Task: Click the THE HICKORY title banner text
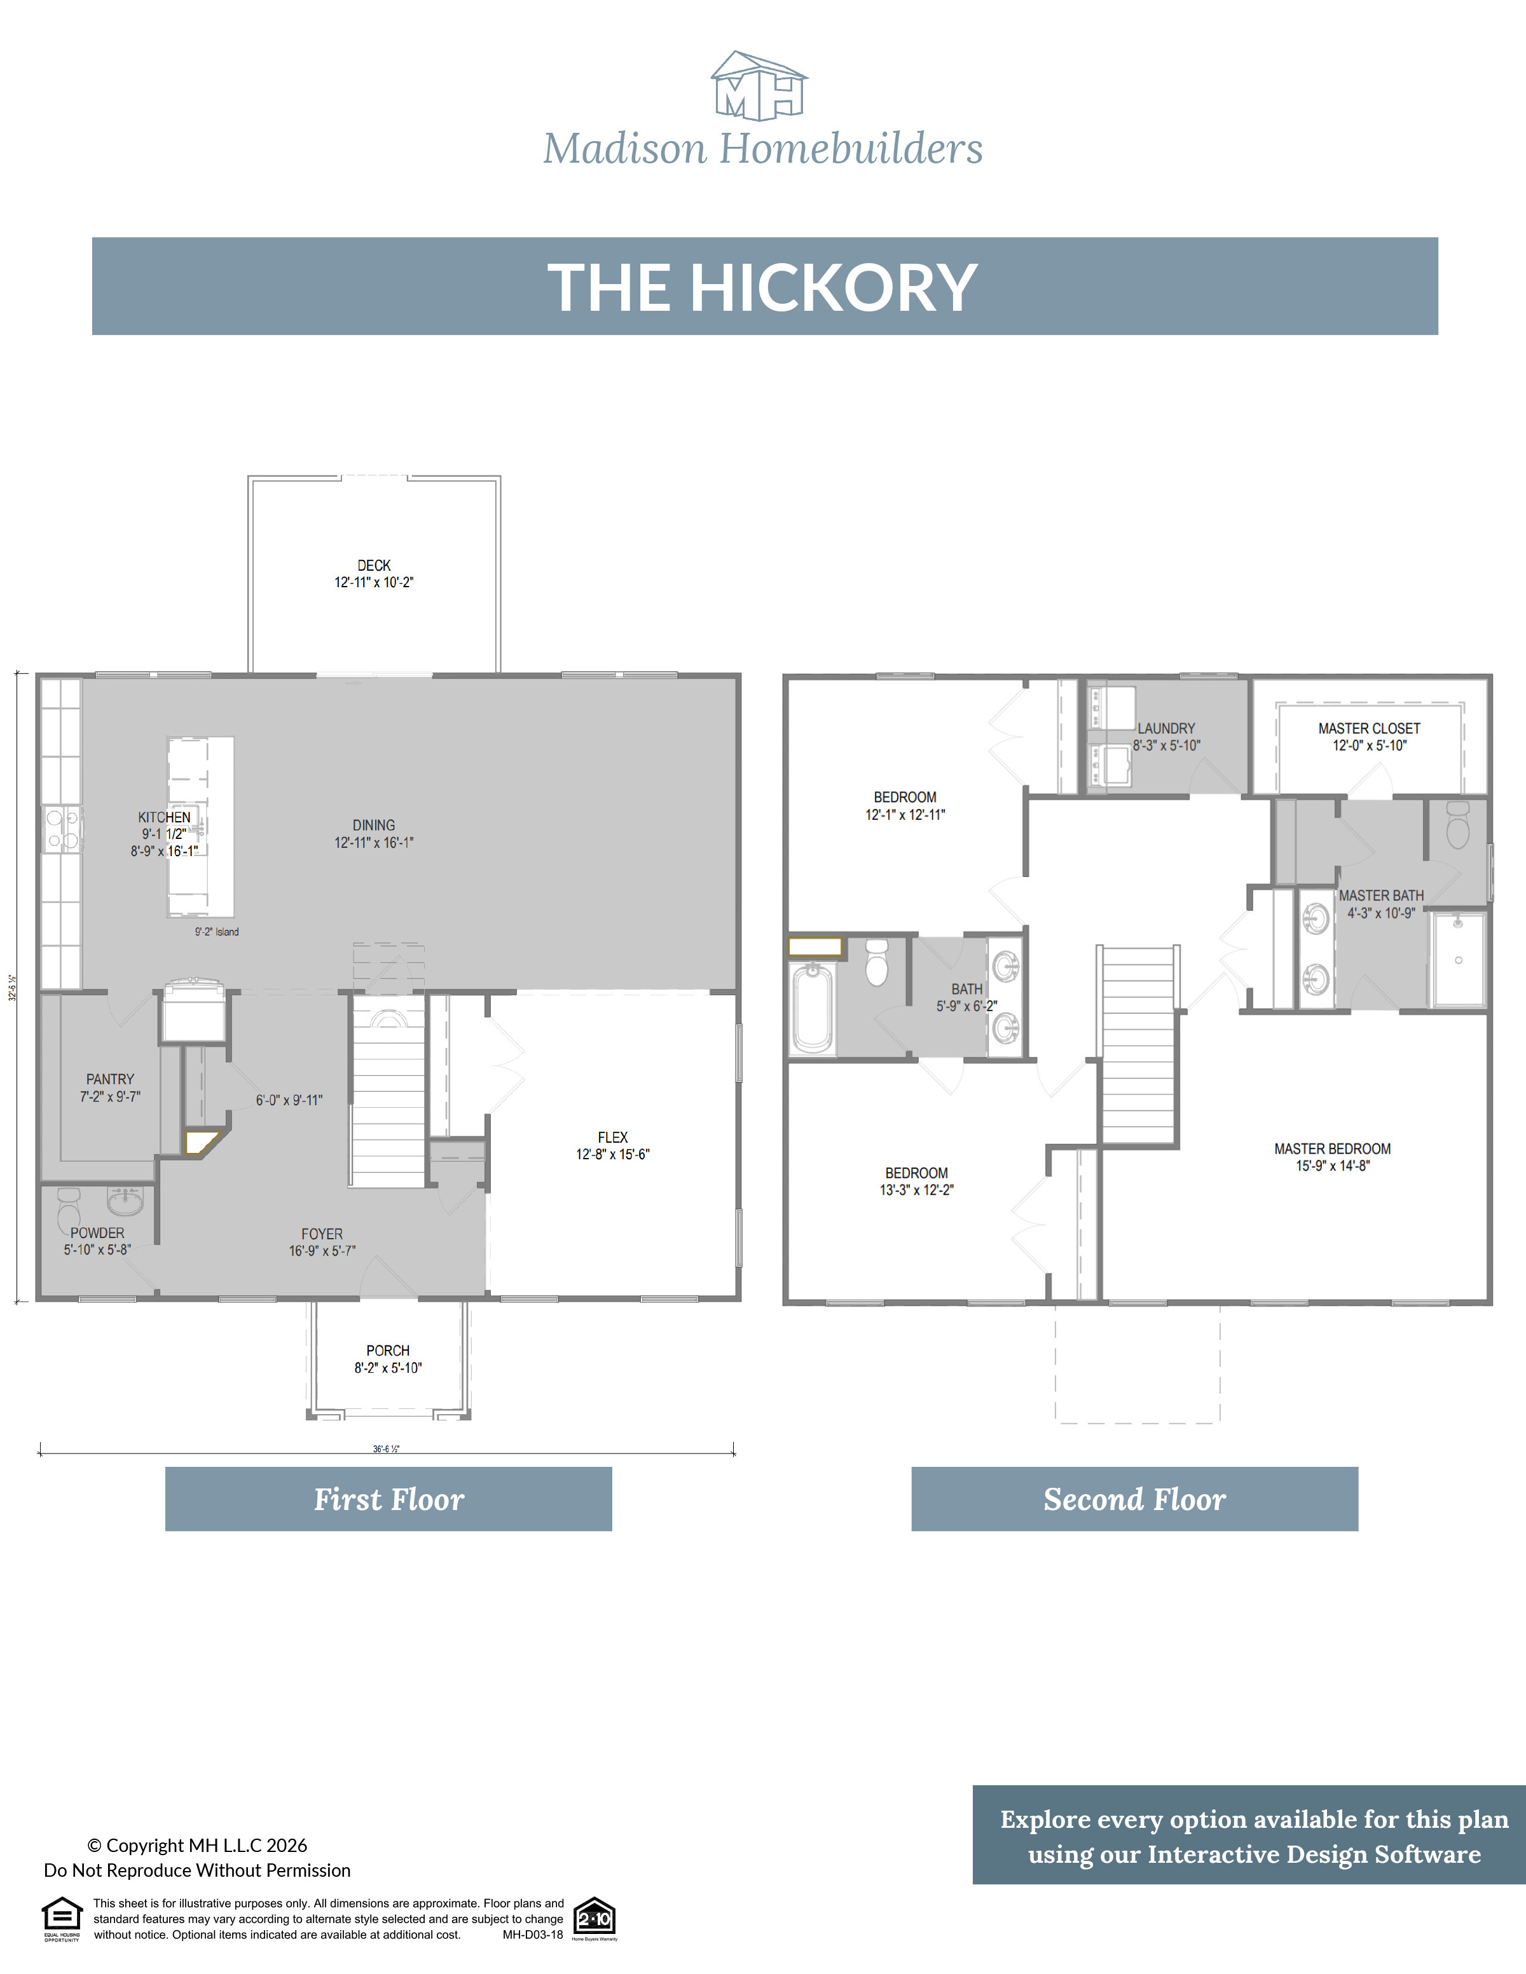[762, 287]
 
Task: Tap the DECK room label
[373, 566]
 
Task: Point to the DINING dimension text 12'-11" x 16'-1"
[373, 842]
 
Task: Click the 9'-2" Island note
[217, 932]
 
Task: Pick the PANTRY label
[109, 1079]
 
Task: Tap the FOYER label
[322, 1234]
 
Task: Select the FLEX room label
[612, 1137]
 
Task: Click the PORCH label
[388, 1351]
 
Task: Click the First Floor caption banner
[388, 1499]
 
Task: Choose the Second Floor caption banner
[1134, 1499]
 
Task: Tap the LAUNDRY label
[1165, 728]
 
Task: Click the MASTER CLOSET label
[1369, 728]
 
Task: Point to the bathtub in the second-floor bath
[812, 1008]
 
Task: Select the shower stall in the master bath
[1457, 960]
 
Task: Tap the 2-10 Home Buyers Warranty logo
[594, 1918]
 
